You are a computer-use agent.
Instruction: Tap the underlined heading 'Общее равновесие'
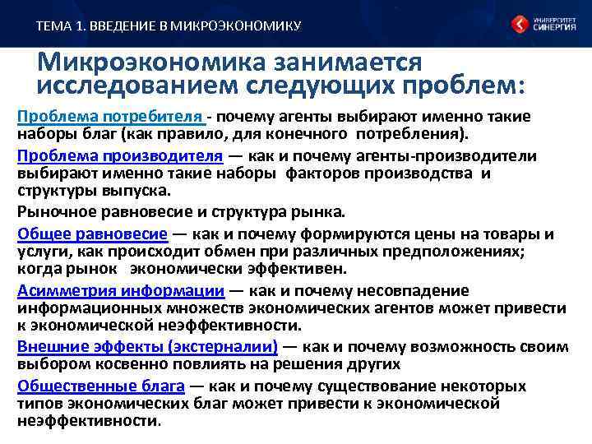(92, 233)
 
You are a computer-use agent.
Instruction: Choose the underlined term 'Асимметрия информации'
(120, 290)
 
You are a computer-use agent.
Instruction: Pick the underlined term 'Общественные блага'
(99, 386)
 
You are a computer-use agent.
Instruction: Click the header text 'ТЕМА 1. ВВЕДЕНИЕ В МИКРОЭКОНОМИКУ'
(169, 26)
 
